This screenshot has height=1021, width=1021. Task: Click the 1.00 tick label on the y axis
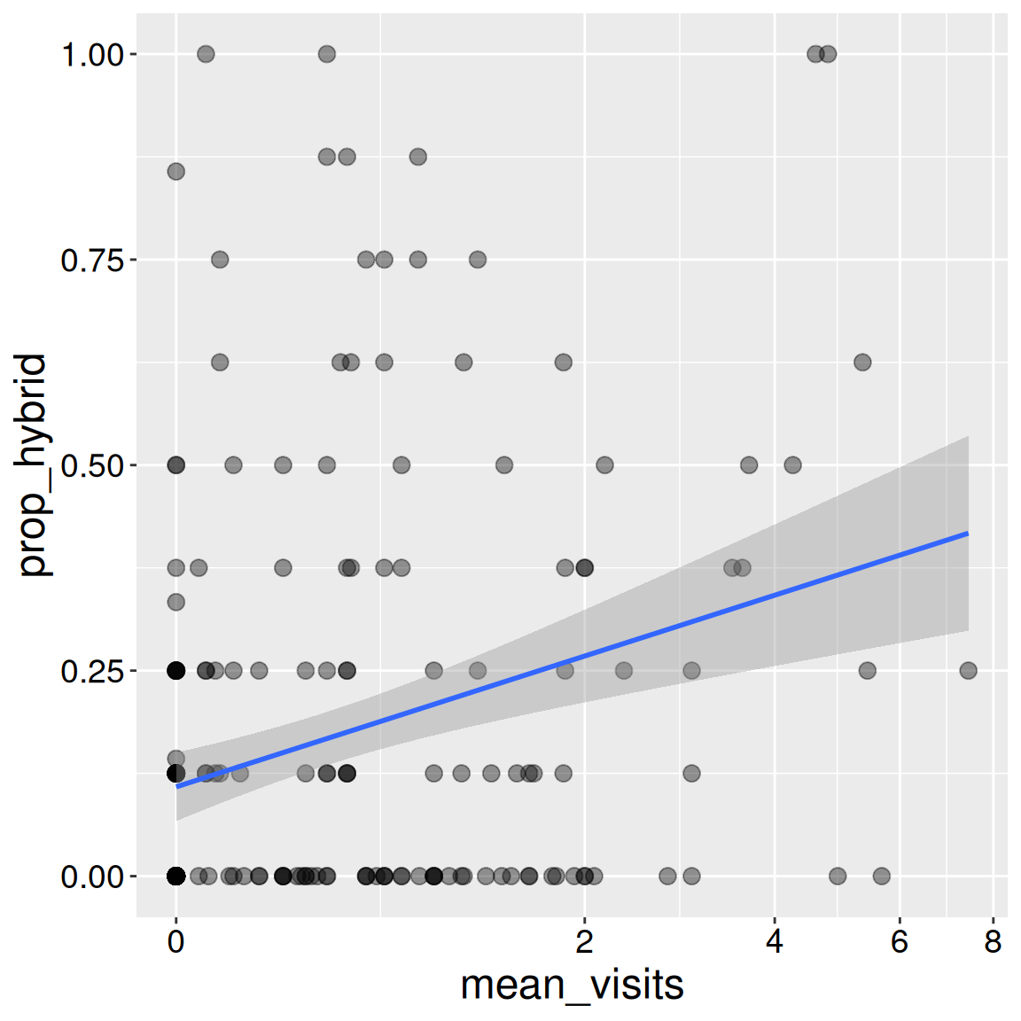tap(91, 55)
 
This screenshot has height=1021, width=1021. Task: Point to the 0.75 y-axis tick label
tap(91, 261)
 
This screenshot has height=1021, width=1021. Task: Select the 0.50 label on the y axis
tap(91, 466)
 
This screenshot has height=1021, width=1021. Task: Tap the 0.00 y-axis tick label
tap(91, 877)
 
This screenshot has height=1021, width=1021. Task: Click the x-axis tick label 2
tap(584, 941)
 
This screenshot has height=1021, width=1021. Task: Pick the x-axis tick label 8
tap(993, 941)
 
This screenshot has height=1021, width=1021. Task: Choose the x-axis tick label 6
tap(900, 941)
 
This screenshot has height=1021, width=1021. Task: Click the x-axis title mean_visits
tap(572, 986)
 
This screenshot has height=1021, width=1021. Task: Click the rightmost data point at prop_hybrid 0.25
tap(968, 670)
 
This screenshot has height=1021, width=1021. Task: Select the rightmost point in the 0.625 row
tap(862, 362)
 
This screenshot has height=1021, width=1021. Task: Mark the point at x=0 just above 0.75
tap(176, 171)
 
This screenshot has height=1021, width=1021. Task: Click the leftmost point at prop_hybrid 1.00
tap(206, 54)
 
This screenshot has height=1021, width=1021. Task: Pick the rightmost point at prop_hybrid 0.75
tap(478, 260)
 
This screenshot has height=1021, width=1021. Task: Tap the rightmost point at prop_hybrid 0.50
tap(792, 465)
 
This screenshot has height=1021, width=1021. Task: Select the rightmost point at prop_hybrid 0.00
tap(881, 876)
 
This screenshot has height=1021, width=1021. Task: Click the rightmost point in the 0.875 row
tap(418, 157)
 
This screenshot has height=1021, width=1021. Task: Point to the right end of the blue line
tap(968, 534)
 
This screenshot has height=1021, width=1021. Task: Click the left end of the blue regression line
tap(177, 786)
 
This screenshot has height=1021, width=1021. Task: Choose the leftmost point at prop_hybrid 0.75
tap(220, 260)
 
